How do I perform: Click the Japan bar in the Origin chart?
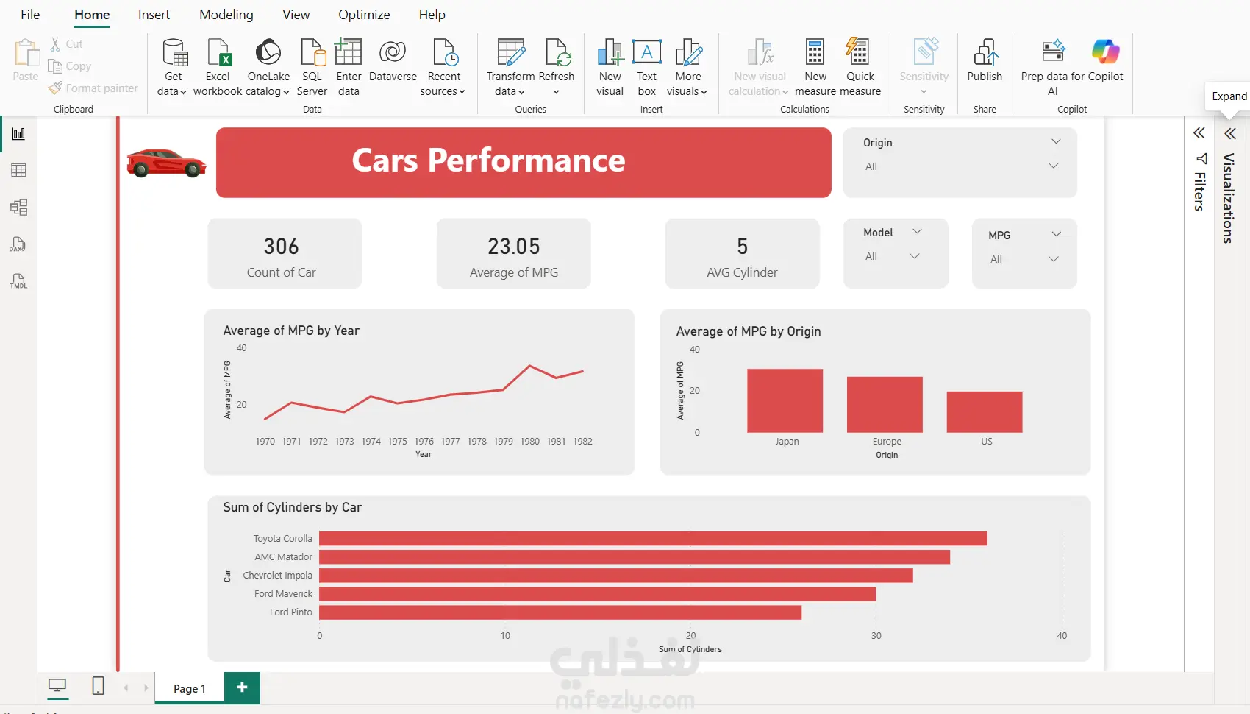(x=785, y=400)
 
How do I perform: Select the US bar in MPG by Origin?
(x=985, y=411)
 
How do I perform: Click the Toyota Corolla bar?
(x=653, y=539)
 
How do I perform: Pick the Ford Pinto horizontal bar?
(x=560, y=612)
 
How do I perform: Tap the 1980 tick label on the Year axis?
(x=529, y=442)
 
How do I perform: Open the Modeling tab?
(x=226, y=15)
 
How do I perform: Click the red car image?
(x=166, y=163)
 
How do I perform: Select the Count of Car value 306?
(x=281, y=247)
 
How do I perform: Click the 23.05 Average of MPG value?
(x=513, y=247)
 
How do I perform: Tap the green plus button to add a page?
(x=242, y=688)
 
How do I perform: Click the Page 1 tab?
(x=189, y=688)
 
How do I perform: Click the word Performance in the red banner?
(x=526, y=160)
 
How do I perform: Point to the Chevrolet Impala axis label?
(x=277, y=576)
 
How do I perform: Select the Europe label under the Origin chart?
(x=887, y=442)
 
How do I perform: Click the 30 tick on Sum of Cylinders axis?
(x=876, y=636)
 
